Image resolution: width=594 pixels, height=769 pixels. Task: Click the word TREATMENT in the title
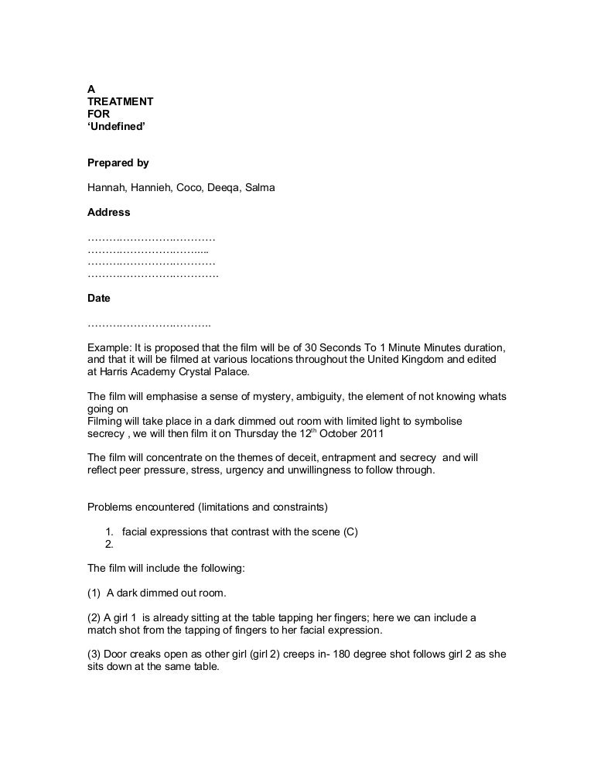120,101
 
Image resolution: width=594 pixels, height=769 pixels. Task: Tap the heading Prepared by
118,163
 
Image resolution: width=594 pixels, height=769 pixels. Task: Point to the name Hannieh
151,187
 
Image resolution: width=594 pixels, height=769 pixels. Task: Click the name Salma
260,187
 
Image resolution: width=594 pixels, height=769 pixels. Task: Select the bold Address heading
109,211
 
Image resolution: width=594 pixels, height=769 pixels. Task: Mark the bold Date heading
99,298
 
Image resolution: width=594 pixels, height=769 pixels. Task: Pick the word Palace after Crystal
230,371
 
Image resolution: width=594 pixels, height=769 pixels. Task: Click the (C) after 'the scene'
349,531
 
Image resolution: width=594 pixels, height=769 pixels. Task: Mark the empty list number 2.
108,544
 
